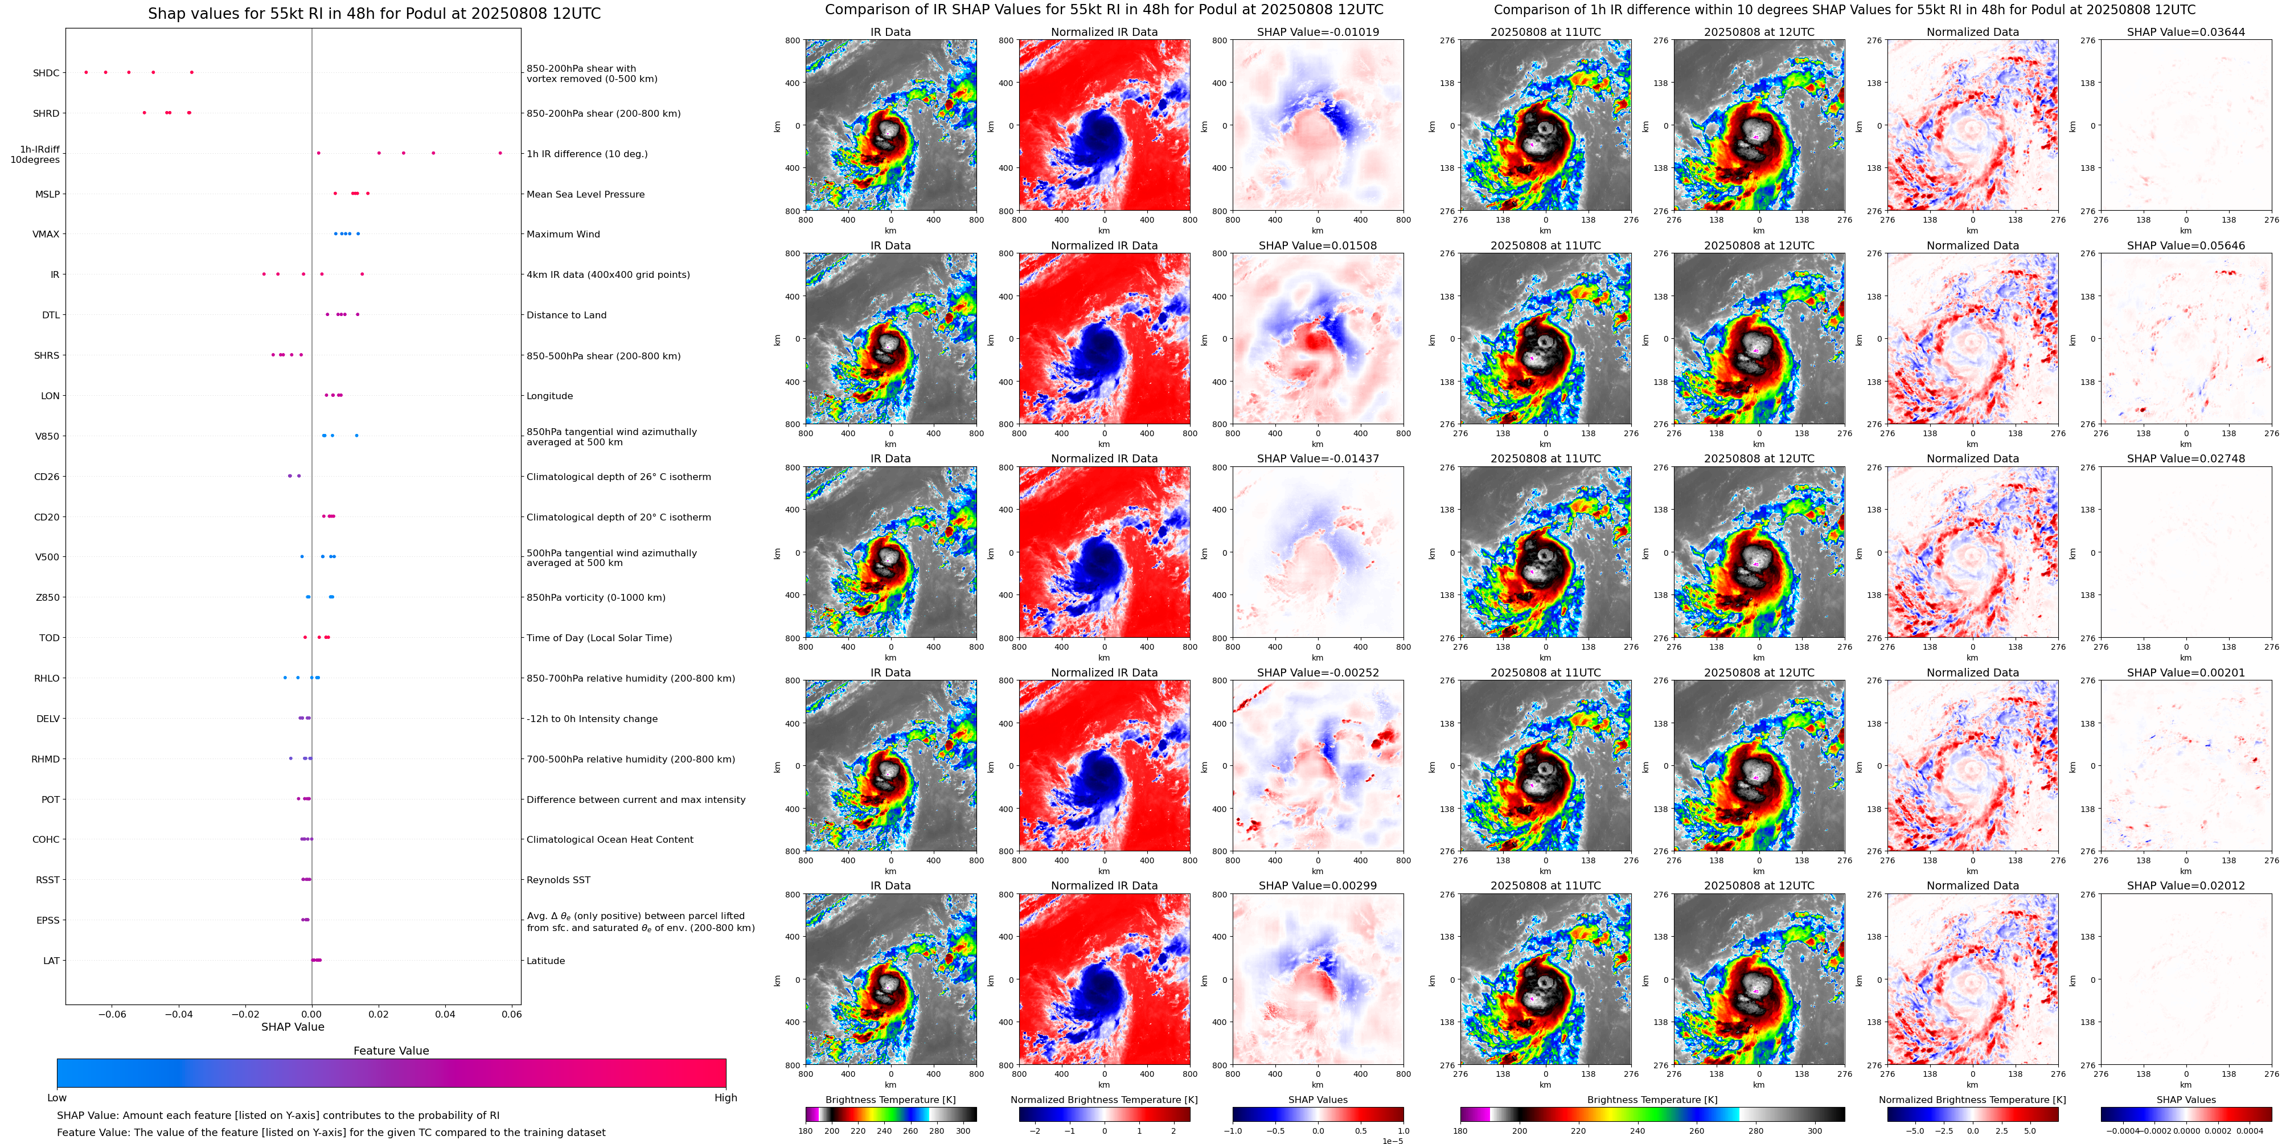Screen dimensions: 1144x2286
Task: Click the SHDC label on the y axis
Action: pos(46,73)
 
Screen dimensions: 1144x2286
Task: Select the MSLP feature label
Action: pos(47,194)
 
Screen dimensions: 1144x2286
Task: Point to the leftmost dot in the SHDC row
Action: pos(86,72)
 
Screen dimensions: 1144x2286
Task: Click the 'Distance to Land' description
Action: pos(566,315)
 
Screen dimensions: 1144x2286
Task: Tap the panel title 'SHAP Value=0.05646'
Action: pos(2186,246)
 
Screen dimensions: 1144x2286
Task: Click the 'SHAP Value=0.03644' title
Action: pos(2186,32)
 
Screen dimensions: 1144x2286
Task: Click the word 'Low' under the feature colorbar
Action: pos(57,1098)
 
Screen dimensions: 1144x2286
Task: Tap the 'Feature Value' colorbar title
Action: pos(391,1051)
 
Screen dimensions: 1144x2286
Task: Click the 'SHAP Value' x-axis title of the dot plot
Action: pos(293,1027)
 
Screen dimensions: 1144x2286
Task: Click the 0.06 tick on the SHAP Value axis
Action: pos(511,1014)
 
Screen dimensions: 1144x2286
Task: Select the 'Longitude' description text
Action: pos(549,396)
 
